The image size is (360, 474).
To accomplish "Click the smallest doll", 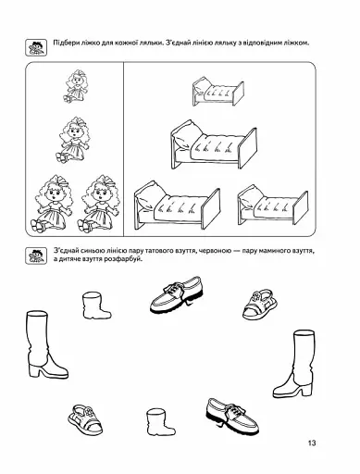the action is click(75, 86).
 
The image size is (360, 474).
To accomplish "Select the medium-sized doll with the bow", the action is click(73, 140).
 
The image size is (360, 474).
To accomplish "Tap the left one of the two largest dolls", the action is click(52, 203).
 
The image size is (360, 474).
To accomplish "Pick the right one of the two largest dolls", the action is click(98, 203).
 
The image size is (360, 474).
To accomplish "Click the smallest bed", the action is click(218, 92).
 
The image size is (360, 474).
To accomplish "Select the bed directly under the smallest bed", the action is click(214, 145).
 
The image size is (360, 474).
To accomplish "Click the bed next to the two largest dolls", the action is click(177, 206).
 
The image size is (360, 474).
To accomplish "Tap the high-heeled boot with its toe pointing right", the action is click(46, 344).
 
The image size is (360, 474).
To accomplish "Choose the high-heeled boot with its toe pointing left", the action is click(293, 363).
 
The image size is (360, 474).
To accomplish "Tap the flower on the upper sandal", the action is click(255, 297).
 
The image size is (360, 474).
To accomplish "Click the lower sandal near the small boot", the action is click(85, 418).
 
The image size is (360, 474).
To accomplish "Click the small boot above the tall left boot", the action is click(96, 306).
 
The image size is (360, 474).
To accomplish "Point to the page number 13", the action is click(312, 443).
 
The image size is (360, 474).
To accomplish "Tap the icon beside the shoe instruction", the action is click(36, 256).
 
